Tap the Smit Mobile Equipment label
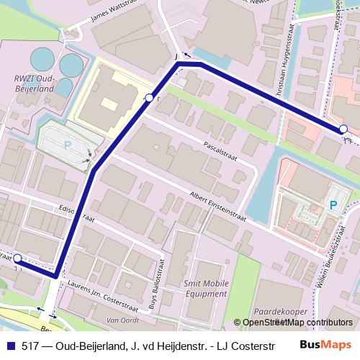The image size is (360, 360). (x=204, y=289)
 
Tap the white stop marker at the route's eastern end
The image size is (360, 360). (x=344, y=129)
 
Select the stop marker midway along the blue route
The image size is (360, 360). (x=149, y=97)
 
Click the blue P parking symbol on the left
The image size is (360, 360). (x=68, y=145)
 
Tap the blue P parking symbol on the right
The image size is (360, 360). (x=333, y=205)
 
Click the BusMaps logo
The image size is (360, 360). (x=326, y=345)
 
